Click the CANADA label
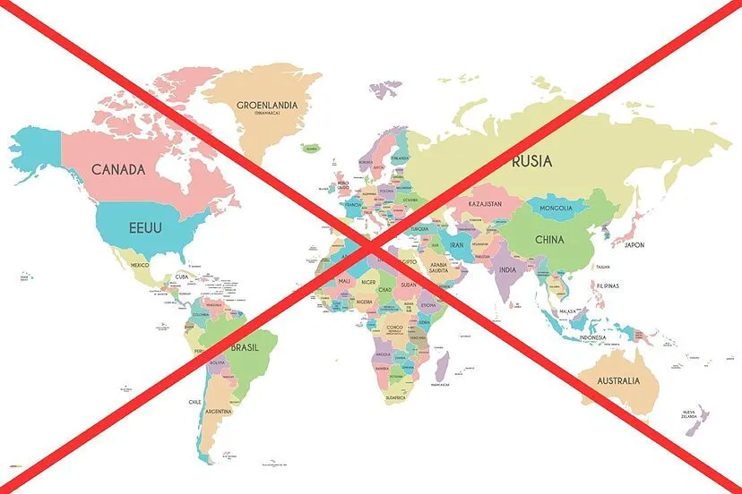[x=118, y=168]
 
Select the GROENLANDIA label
[x=267, y=106]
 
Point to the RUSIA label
[x=531, y=161]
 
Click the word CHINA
[x=549, y=240]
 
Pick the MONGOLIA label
[x=556, y=209]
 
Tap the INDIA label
[x=507, y=269]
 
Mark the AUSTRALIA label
[x=618, y=380]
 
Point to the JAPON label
[x=634, y=244]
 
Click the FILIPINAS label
[x=608, y=285]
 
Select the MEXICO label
[x=140, y=265]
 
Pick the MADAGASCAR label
[x=440, y=384]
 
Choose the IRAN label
[x=455, y=243]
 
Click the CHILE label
[x=194, y=402]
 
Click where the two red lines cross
[x=371, y=248]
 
